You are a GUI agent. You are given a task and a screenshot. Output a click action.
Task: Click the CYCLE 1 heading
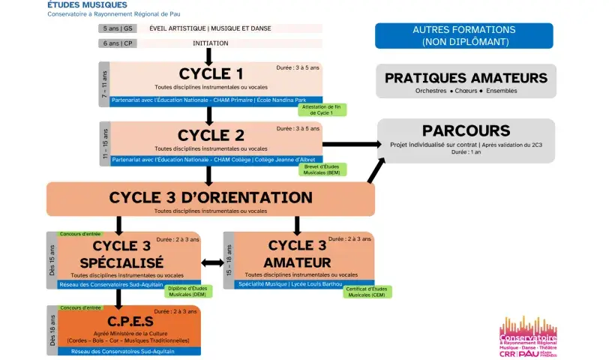(x=211, y=73)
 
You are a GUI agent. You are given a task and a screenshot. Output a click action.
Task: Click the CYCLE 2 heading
(x=211, y=135)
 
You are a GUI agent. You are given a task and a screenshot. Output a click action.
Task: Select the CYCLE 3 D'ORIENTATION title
(x=211, y=197)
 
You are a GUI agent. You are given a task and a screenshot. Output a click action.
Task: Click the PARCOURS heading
(x=466, y=131)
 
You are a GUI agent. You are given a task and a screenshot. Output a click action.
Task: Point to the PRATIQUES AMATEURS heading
(x=466, y=78)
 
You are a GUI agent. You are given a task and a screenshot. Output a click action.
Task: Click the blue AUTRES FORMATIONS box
(x=463, y=35)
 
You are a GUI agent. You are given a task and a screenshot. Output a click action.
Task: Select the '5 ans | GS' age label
(x=118, y=28)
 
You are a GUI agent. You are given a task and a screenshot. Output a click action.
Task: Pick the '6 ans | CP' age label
(x=118, y=43)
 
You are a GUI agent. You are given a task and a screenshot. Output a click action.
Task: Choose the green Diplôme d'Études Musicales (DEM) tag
(x=188, y=292)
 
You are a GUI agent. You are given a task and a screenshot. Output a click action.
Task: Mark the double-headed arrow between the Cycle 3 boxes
(x=212, y=262)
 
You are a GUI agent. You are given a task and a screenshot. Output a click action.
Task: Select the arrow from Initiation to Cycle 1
(x=209, y=56)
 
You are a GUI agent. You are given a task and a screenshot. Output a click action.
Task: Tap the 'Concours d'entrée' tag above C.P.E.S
(x=79, y=307)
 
